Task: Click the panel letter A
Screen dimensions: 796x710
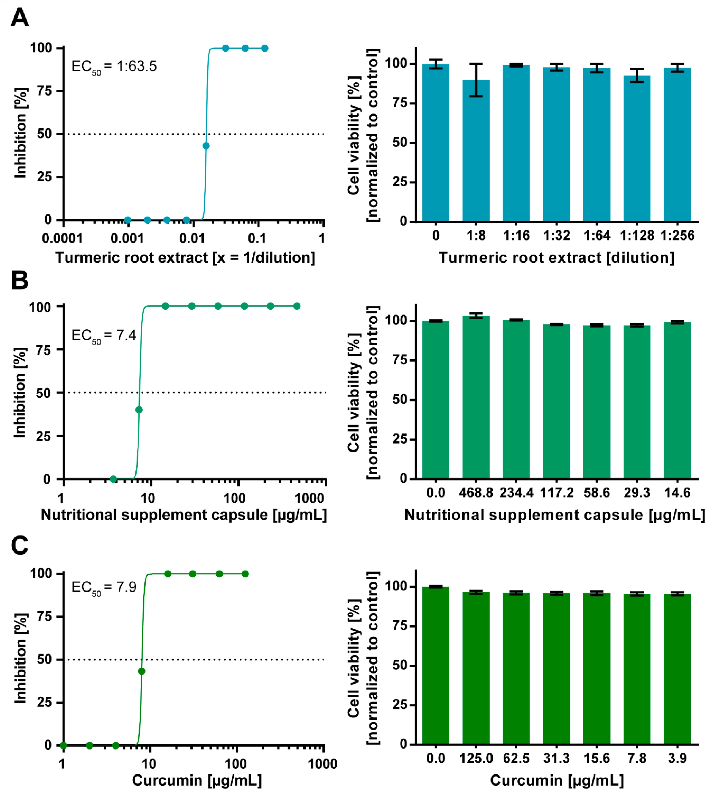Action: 20,18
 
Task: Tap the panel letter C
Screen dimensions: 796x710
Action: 20,545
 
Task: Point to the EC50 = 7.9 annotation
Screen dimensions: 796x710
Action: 104,587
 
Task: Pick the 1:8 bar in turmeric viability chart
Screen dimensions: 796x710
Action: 476,152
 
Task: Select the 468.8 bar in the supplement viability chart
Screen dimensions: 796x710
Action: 476,398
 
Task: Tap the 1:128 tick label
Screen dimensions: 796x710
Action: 637,236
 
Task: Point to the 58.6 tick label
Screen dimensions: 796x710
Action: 596,493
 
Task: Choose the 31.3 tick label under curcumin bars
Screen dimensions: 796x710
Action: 556,758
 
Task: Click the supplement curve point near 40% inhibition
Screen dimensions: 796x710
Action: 139,410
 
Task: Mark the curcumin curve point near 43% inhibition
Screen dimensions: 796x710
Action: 142,671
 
